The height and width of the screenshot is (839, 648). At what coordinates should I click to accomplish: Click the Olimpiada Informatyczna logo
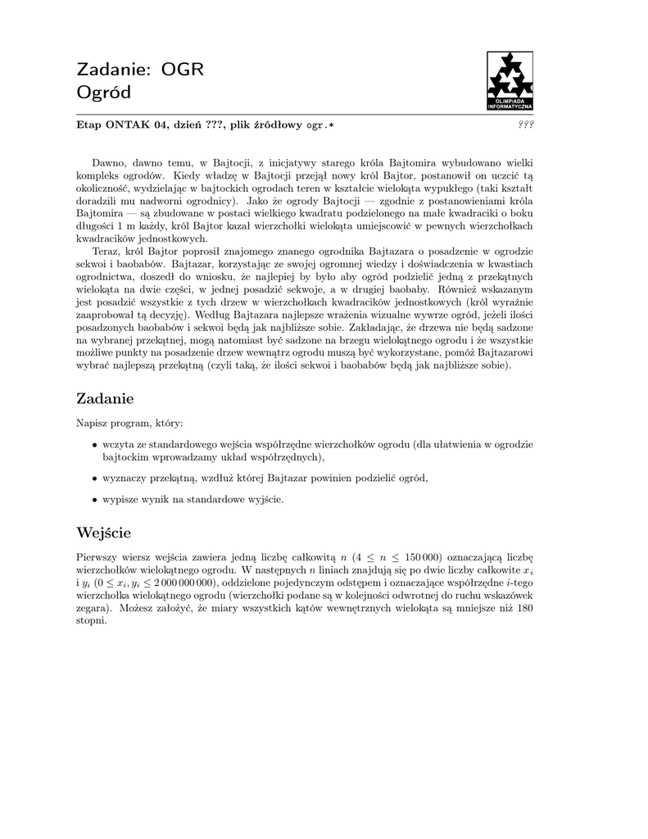(x=510, y=81)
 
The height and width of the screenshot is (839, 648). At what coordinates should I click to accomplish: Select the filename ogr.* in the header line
(x=320, y=125)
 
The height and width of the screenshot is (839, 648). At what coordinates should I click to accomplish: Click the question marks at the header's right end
(x=526, y=125)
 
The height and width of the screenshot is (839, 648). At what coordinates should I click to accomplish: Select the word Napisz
(x=93, y=423)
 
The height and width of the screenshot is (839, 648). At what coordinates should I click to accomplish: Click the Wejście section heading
(x=103, y=533)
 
